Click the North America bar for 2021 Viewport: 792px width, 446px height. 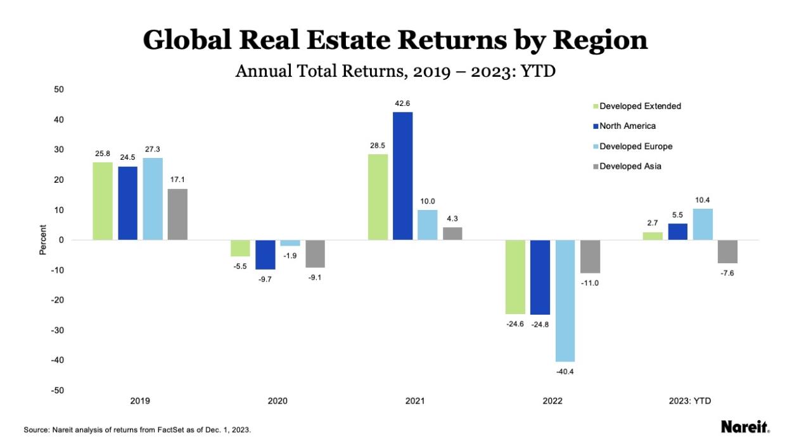402,176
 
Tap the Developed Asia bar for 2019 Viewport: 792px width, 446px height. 177,214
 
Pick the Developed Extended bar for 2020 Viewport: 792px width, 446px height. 240,248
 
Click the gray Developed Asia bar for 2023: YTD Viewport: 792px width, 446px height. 727,251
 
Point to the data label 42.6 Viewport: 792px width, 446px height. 403,103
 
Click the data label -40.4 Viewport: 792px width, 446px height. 565,371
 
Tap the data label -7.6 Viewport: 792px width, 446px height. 727,273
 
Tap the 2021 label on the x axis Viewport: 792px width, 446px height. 415,401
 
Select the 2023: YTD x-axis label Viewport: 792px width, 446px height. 690,401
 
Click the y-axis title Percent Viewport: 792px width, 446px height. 43,240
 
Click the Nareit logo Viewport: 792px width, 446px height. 744,428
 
